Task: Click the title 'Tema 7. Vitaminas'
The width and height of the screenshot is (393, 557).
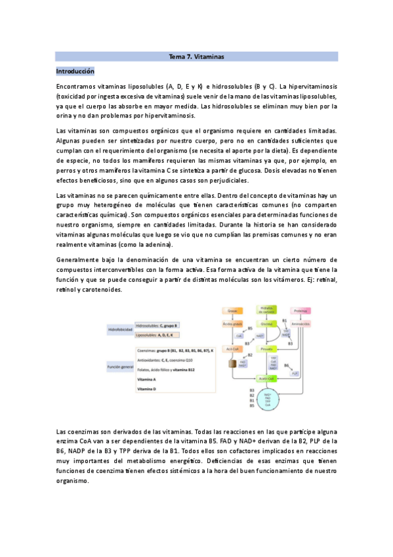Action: click(x=197, y=57)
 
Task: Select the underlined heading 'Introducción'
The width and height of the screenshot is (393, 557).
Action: click(x=75, y=70)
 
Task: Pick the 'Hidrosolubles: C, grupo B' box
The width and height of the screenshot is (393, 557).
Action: click(x=157, y=326)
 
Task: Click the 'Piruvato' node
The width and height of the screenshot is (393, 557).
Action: click(x=268, y=350)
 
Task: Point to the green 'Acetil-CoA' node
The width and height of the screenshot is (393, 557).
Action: click(x=268, y=379)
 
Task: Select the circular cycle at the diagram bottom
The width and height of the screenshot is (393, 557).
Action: click(x=268, y=402)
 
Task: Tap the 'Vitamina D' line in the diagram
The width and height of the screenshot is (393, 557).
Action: click(x=146, y=390)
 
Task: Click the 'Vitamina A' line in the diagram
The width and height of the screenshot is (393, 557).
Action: click(x=146, y=380)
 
